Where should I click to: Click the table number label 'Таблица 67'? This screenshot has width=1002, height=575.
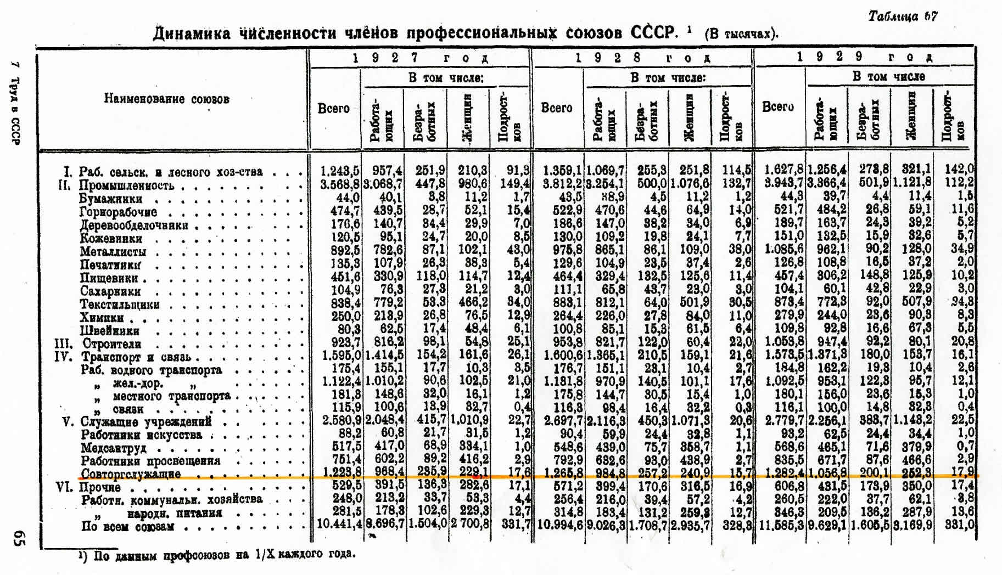[x=903, y=16]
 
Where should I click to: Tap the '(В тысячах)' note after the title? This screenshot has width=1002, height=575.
[x=741, y=33]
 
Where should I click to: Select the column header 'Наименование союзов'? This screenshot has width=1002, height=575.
[x=166, y=99]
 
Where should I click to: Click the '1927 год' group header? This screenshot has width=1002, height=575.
[x=420, y=58]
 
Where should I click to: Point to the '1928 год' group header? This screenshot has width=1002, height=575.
[x=642, y=58]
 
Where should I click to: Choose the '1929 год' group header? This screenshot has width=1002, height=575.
[x=865, y=57]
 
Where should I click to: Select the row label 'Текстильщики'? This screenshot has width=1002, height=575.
[x=120, y=305]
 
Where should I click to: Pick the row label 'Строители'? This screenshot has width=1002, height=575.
[x=111, y=344]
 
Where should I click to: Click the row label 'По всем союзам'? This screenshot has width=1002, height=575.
[x=127, y=527]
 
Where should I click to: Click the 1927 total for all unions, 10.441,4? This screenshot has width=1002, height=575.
[x=339, y=525]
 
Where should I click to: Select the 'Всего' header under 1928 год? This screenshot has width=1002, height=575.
[x=557, y=108]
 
